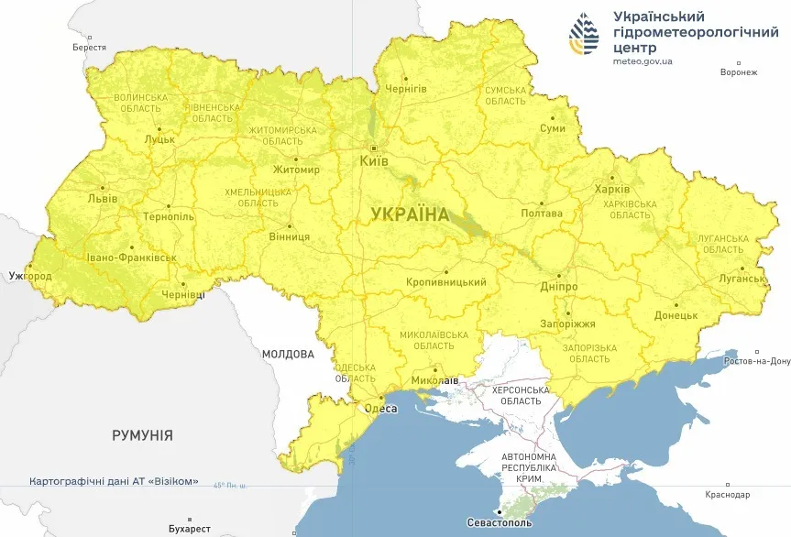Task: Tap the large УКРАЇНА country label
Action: click(x=410, y=214)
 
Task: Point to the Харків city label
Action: click(x=612, y=190)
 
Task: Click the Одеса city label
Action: click(x=380, y=409)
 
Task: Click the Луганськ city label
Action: click(x=742, y=278)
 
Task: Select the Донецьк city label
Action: click(x=676, y=315)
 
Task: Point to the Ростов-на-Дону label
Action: click(x=756, y=361)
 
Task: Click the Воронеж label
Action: click(x=739, y=72)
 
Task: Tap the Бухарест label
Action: click(x=190, y=529)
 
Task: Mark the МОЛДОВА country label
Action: click(x=288, y=354)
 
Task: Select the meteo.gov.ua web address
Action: click(x=643, y=61)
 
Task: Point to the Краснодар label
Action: click(x=728, y=495)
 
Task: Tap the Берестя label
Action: click(x=89, y=48)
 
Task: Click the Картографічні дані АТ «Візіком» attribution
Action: click(x=114, y=481)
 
